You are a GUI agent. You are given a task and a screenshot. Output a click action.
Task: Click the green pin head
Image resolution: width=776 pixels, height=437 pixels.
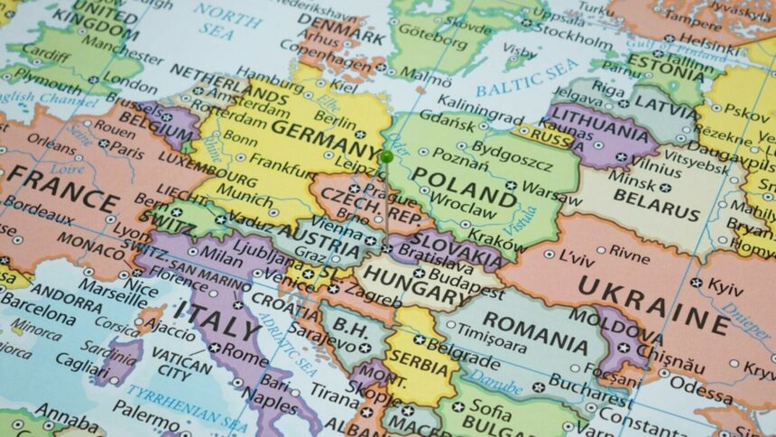click(x=386, y=156)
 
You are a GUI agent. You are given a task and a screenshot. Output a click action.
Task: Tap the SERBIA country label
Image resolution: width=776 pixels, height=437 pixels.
click(x=417, y=367)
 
